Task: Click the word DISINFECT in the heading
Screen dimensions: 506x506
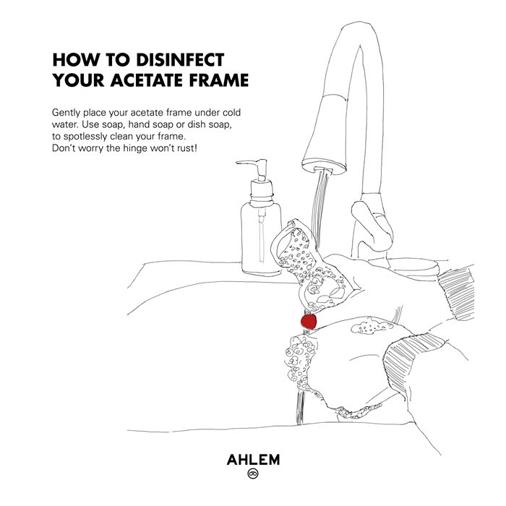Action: point(180,60)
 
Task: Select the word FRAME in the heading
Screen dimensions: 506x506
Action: point(219,80)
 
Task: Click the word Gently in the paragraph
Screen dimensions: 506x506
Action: point(66,113)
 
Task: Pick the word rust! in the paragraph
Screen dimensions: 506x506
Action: point(186,148)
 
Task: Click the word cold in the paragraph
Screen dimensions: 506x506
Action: point(231,113)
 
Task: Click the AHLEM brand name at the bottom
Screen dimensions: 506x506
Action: point(253,460)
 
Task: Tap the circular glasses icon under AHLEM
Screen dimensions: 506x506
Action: point(253,473)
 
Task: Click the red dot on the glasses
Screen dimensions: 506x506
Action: point(309,322)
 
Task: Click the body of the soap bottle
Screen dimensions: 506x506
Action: point(261,238)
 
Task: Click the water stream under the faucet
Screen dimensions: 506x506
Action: point(320,207)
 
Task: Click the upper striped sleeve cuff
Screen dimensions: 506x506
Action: point(456,293)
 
